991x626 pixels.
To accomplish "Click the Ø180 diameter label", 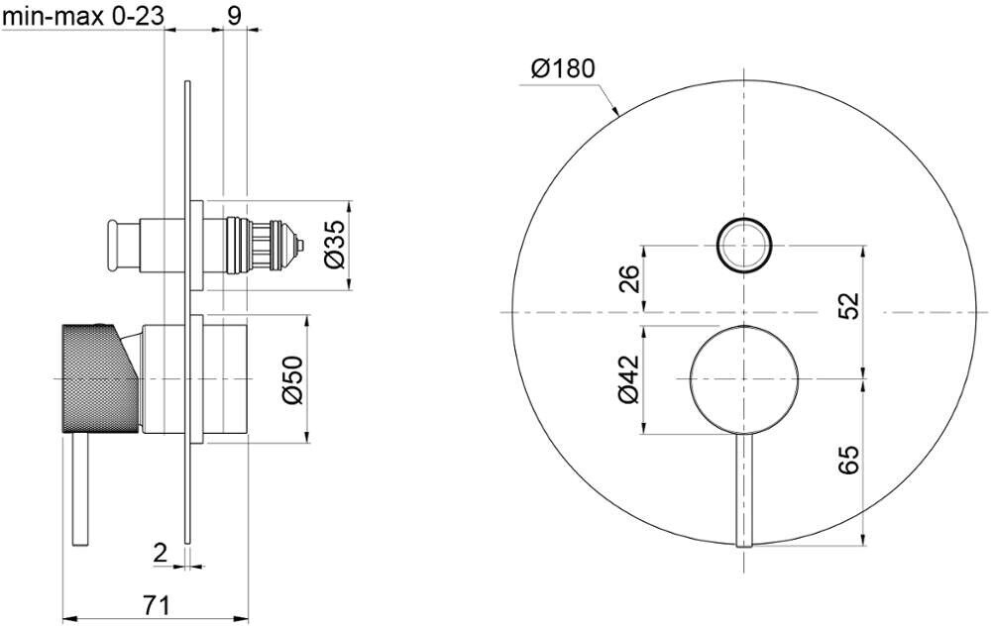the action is point(563,67).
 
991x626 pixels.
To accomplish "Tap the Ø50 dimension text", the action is point(292,379).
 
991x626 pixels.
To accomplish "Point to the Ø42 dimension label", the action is point(629,379).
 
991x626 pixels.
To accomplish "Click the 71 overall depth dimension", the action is point(157,605).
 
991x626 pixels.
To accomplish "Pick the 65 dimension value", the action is point(849,460).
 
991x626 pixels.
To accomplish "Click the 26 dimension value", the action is point(629,278).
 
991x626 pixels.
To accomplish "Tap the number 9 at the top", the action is point(234,15).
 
